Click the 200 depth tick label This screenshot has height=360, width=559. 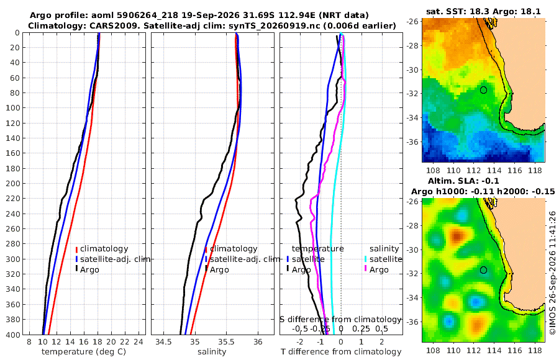click(12, 183)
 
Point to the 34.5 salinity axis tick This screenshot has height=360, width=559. click(163, 342)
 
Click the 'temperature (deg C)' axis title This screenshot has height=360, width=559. click(84, 352)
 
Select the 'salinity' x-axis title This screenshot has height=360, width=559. click(212, 352)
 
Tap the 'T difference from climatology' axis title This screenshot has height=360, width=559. click(341, 352)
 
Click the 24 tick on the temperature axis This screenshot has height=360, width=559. click(139, 342)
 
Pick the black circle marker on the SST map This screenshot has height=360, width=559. click(483, 90)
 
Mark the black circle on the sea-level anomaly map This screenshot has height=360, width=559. click(483, 270)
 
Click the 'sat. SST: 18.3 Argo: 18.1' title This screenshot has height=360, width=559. click(483, 12)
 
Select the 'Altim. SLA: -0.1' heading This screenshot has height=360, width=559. click(463, 181)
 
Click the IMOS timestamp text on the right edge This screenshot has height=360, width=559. click(553, 272)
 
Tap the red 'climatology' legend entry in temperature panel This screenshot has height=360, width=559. click(102, 249)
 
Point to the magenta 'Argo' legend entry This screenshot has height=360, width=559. click(376, 269)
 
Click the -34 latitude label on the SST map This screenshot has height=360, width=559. click(412, 117)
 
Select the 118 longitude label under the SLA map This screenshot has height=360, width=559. click(535, 350)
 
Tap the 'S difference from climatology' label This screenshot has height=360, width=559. click(340, 320)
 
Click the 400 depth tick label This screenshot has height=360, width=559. click(12, 335)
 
